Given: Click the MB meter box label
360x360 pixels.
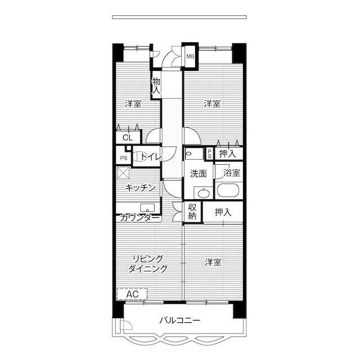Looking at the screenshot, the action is tap(190, 56).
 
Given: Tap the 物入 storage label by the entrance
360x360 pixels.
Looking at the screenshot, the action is tap(156, 85).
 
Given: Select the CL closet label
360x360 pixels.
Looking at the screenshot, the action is tap(128, 138).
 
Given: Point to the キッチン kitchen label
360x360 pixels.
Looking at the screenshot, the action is tap(141, 188).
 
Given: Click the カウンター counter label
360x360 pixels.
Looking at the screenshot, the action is tap(139, 218).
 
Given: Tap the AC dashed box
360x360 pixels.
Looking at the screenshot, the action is tap(132, 294).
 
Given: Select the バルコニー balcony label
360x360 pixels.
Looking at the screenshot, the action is tap(180, 320).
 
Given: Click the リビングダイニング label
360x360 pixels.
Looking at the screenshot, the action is tap(148, 264).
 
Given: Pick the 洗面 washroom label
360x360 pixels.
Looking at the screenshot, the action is tap(199, 174).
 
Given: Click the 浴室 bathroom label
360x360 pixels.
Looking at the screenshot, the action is tap(232, 173).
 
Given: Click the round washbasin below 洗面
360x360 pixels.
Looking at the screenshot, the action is tap(203, 193).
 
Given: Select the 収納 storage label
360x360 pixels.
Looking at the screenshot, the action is tap(192, 211).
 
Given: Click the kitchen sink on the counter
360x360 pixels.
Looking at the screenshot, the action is tap(147, 208).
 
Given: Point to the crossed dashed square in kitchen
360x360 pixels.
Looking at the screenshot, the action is tap(123, 173).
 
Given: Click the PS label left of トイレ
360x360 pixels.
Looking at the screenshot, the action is tap(124, 158).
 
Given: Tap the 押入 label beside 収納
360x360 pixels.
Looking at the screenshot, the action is tap(223, 213).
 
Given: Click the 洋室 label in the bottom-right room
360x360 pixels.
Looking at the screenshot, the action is tap(213, 262).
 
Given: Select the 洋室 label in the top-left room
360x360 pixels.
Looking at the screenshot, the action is tap(133, 104).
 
